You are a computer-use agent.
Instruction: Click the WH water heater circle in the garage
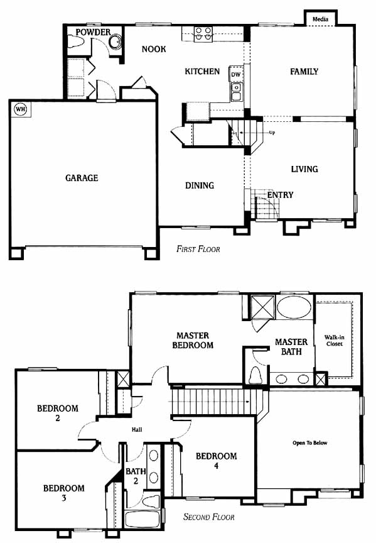21,109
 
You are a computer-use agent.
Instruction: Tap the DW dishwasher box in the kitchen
235,74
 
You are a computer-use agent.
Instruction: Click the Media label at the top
320,19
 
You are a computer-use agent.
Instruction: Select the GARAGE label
82,178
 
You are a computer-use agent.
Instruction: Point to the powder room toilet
75,42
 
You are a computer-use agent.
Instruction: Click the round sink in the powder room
115,42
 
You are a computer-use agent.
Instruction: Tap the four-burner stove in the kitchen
203,35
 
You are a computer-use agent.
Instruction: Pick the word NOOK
154,49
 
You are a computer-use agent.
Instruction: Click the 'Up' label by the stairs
272,133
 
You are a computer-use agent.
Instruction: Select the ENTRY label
280,195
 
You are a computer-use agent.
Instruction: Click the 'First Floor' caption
198,249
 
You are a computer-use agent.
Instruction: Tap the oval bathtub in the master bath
294,307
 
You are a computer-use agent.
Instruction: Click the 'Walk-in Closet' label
334,340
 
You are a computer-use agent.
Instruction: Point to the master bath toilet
255,375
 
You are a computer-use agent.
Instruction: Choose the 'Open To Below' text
309,442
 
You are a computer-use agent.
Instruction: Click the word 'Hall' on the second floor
137,429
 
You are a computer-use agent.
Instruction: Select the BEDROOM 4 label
216,460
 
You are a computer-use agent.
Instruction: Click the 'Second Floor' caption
208,517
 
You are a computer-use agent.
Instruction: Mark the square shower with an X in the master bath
262,307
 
